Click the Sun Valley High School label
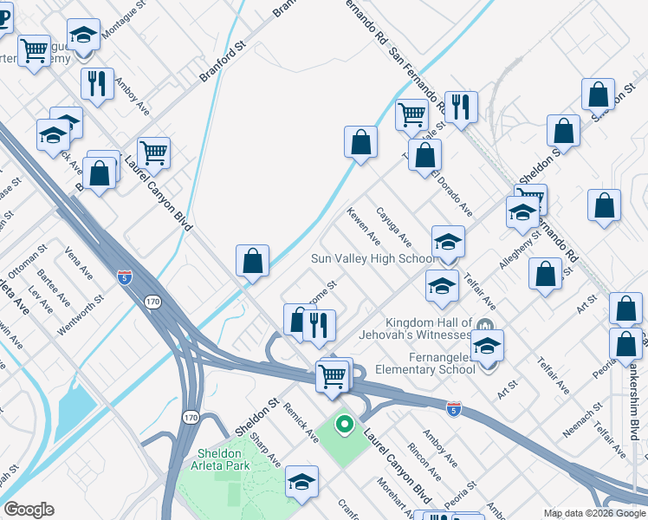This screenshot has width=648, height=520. tap(373, 259)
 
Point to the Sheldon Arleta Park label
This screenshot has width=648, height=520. tap(219, 459)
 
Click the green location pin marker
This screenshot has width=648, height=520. tap(344, 425)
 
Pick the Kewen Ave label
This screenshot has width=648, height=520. tap(364, 224)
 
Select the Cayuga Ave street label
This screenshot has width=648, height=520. tap(394, 224)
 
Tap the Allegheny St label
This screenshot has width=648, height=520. tap(514, 254)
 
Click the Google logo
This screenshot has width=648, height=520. tap(29, 510)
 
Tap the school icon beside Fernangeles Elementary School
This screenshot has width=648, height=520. tap(488, 346)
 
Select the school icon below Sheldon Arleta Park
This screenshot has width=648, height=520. tap(301, 482)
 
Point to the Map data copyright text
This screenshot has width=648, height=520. tap(594, 513)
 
